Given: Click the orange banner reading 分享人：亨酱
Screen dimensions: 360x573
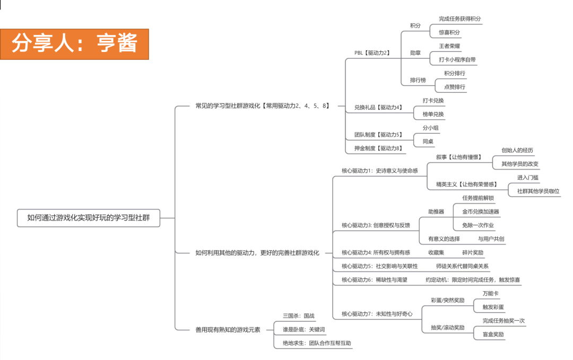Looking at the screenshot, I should [x=74, y=44].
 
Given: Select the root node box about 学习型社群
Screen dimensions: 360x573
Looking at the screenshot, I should [x=88, y=217].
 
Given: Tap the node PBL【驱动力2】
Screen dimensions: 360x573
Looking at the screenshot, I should [x=372, y=52].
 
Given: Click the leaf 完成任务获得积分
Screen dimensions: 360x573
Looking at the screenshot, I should [x=459, y=19].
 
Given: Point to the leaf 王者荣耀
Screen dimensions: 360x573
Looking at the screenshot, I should [x=449, y=46].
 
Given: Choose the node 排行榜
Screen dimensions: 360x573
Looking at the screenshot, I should [x=418, y=80].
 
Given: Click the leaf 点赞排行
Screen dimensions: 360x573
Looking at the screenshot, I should [x=454, y=86].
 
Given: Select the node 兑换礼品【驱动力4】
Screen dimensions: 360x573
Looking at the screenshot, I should [x=378, y=107].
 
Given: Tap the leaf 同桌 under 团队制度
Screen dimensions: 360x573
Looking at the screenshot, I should [x=428, y=142].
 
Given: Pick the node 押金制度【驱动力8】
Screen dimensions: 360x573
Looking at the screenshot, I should [x=378, y=148].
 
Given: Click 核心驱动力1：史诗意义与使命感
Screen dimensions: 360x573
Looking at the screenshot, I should [x=379, y=171].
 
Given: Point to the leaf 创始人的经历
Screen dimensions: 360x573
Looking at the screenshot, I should [x=517, y=150].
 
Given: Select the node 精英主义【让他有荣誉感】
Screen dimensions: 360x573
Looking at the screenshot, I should [x=466, y=184].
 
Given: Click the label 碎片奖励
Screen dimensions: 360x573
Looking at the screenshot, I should [x=472, y=252].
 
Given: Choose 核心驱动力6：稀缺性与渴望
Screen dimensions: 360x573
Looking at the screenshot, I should [x=374, y=279].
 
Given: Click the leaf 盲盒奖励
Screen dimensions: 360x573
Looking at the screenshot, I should [x=493, y=335].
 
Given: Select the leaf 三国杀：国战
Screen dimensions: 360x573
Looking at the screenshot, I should [x=298, y=315].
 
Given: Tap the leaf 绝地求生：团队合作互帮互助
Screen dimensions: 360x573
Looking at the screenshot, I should [x=317, y=343].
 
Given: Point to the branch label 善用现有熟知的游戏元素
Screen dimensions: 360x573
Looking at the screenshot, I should [x=228, y=329].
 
